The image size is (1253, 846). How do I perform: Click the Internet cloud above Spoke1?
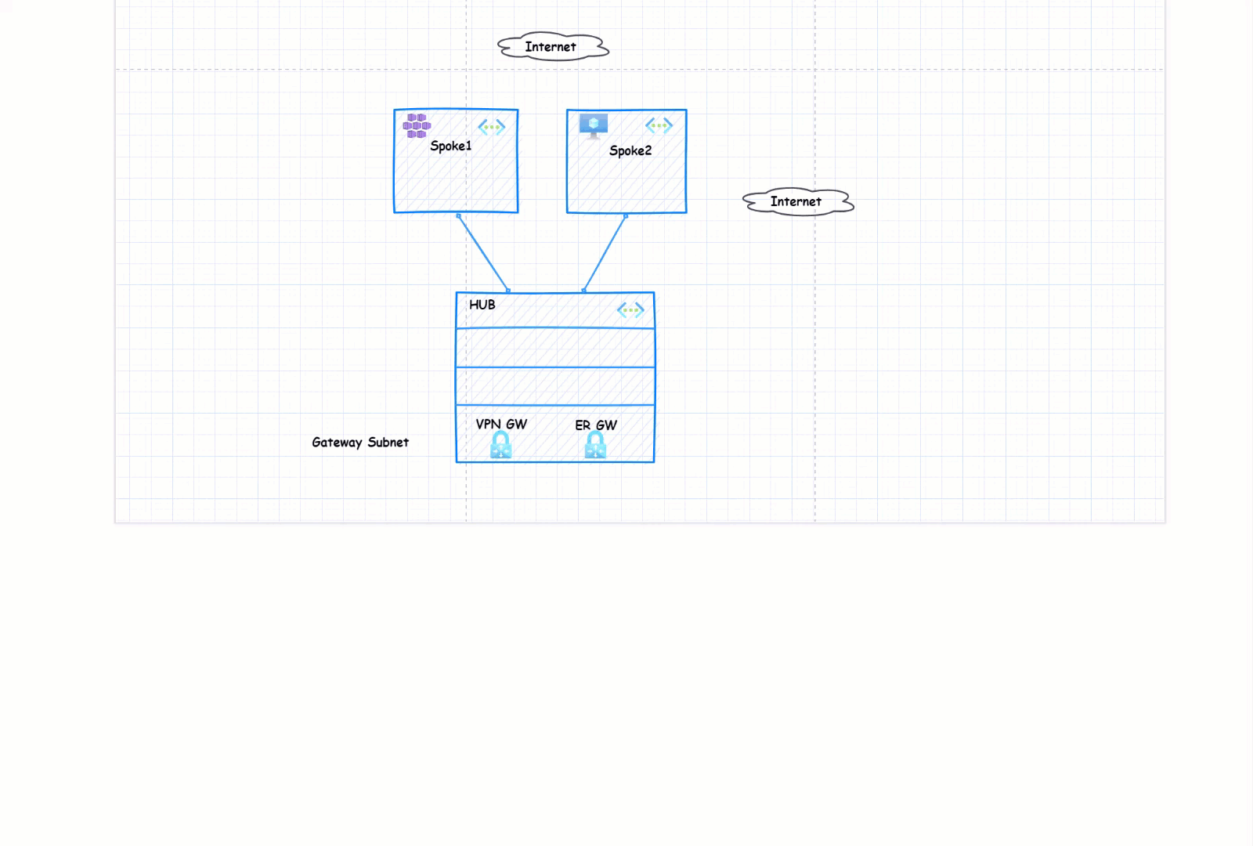point(553,47)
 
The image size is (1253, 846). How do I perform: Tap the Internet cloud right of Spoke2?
point(797,201)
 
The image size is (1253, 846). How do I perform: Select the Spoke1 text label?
point(450,146)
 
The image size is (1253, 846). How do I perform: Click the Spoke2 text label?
point(630,150)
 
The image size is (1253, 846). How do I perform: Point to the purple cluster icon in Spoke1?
point(416,125)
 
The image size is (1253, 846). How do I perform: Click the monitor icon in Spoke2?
point(593,125)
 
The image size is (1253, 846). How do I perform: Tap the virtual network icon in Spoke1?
point(492,127)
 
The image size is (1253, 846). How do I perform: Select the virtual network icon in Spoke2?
point(659,125)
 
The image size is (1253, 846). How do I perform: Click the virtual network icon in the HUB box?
point(630,310)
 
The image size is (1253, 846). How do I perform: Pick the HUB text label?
point(482,305)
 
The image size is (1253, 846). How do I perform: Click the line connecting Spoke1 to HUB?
point(483,253)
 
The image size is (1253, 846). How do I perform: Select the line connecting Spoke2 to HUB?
point(605,253)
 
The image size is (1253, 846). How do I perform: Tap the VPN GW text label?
point(501,424)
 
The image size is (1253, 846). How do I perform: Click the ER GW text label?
point(596,425)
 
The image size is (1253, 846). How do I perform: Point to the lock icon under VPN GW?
point(500,446)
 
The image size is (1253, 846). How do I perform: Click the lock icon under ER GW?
point(595,446)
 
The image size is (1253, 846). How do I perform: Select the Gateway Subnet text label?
point(360,443)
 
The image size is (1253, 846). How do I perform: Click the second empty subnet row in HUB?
point(554,348)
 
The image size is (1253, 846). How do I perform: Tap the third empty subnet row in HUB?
point(554,386)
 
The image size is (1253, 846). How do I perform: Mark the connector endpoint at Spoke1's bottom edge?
point(458,215)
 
